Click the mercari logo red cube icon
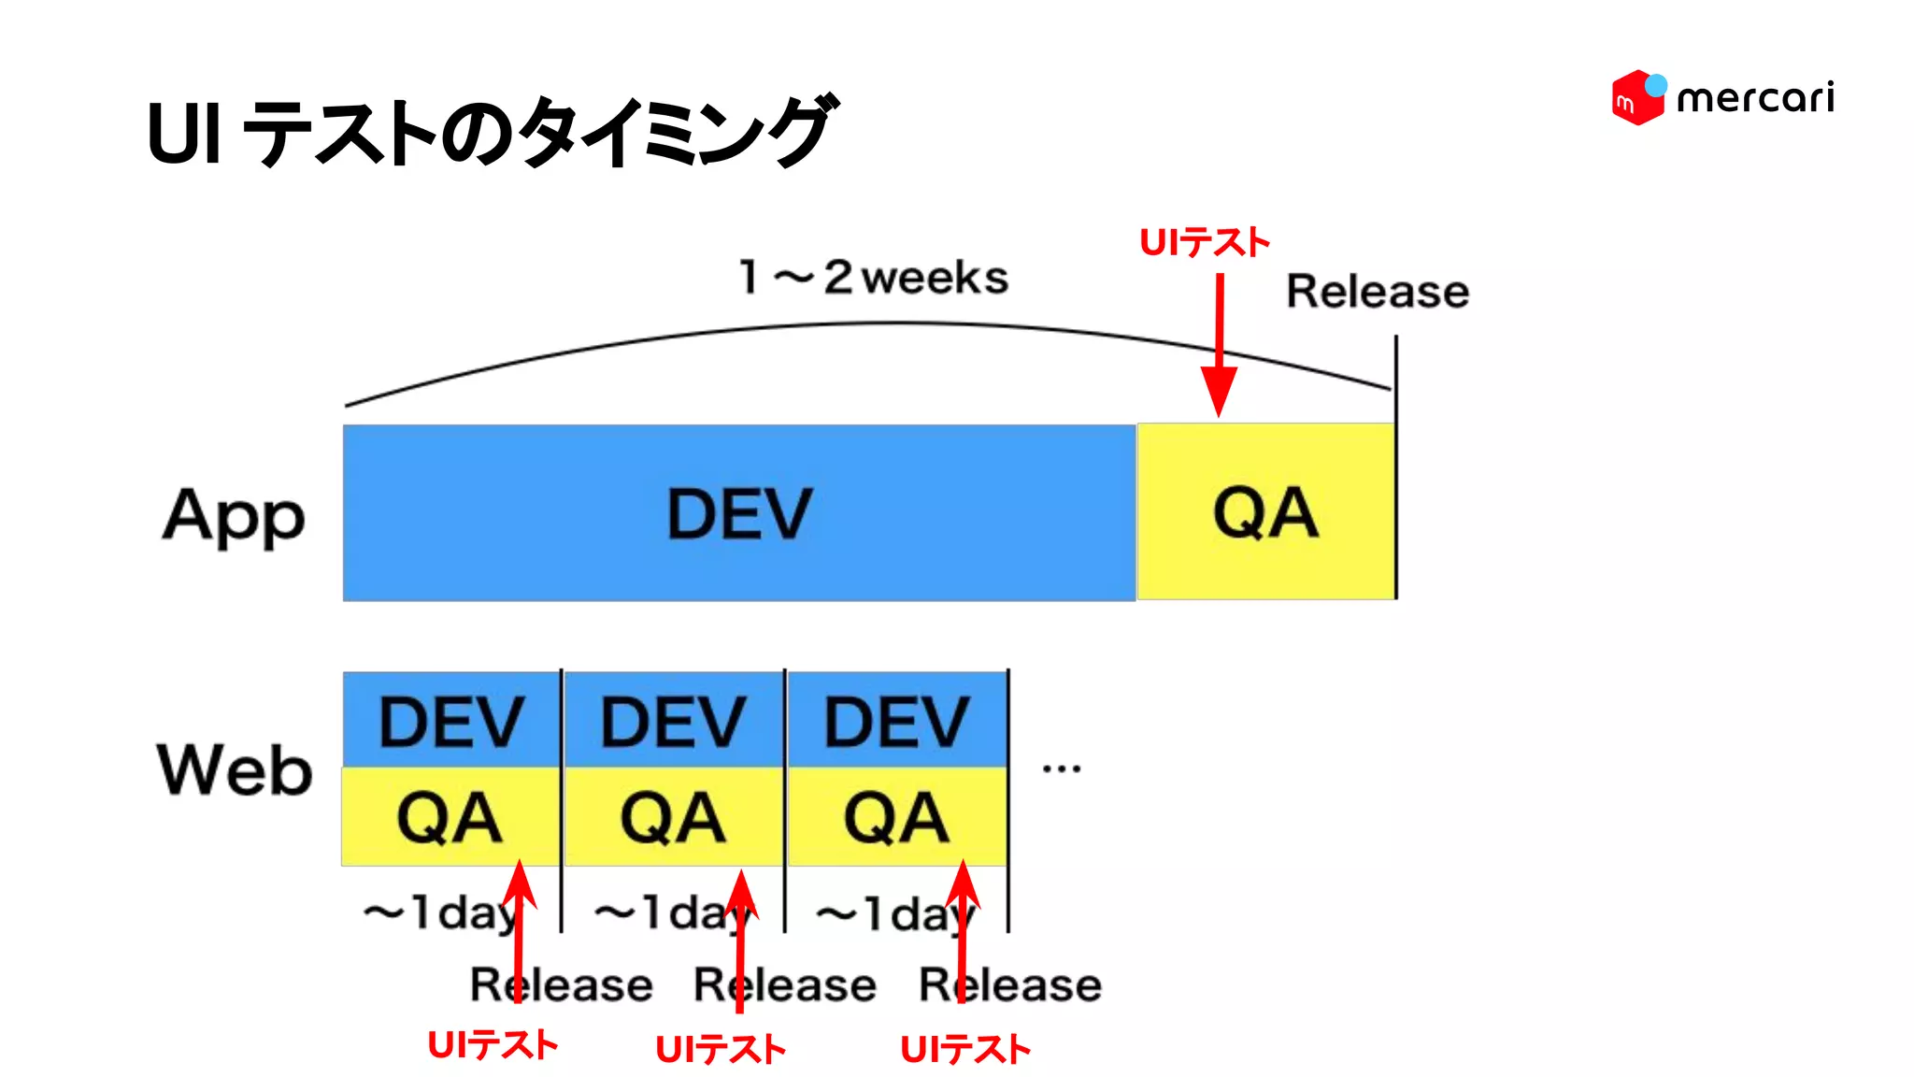pos(1635,98)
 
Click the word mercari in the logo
pos(1755,98)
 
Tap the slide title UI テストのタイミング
pos(491,132)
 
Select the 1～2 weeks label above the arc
pos(873,278)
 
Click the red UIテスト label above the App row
pos(1204,243)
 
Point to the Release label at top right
pos(1377,291)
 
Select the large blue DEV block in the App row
pos(738,513)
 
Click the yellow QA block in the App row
pos(1265,512)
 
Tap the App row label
pos(234,517)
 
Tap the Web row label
pos(234,770)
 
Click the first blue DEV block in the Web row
pos(450,720)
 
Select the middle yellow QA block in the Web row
pos(673,817)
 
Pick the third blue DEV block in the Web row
pos(896,720)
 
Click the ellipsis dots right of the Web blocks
pos(1062,768)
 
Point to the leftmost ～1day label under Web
pos(439,912)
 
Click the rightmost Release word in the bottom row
pos(1010,984)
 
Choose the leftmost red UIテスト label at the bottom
pos(492,1045)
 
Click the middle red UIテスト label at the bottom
pos(720,1049)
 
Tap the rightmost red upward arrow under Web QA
pos(962,935)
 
